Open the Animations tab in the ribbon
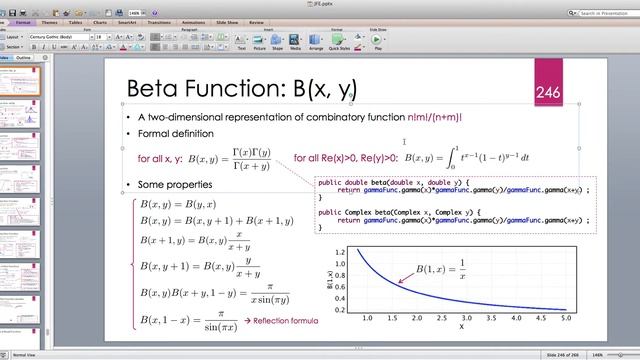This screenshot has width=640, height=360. [192, 21]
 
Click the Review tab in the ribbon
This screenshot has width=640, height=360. [257, 21]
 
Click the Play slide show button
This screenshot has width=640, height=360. [378, 43]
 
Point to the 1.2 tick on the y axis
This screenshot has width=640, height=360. [340, 252]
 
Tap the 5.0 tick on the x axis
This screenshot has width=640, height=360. [566, 318]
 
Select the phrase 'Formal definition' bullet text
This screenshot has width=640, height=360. [175, 133]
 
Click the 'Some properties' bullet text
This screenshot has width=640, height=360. [175, 185]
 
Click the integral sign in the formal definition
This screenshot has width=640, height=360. [453, 158]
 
